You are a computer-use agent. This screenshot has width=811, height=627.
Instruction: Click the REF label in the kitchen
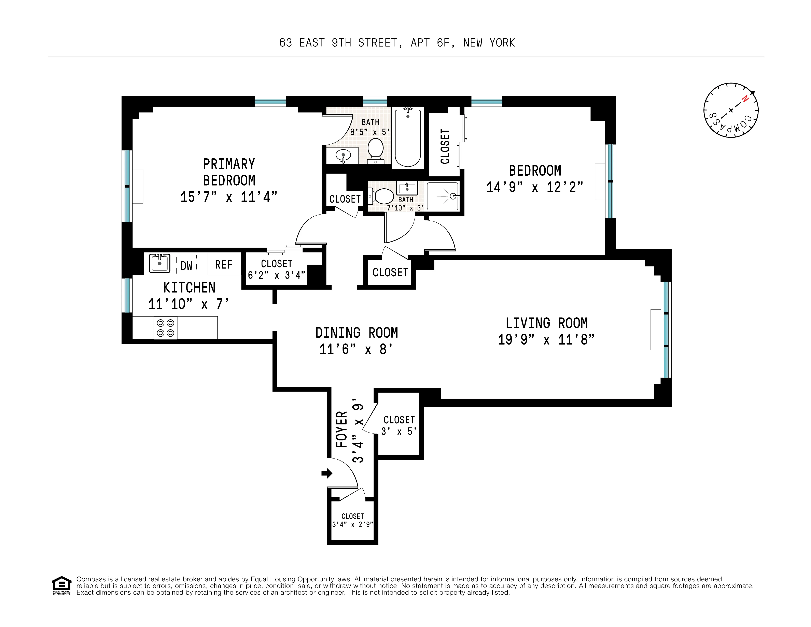coord(224,265)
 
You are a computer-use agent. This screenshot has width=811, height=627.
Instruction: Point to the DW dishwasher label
coord(186,266)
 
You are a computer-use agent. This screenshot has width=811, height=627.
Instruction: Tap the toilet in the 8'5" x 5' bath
coord(375,150)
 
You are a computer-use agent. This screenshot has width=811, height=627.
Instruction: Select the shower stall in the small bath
coord(443,196)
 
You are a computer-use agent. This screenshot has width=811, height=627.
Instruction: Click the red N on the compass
coord(744,99)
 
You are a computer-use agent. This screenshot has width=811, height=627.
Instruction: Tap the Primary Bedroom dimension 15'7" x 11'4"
coord(229,197)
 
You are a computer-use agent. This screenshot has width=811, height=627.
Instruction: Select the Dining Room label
coord(356,333)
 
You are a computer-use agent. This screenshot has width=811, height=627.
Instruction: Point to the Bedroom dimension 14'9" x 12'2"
coord(535,187)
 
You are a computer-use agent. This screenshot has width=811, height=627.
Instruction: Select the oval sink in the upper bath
coord(343,155)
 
